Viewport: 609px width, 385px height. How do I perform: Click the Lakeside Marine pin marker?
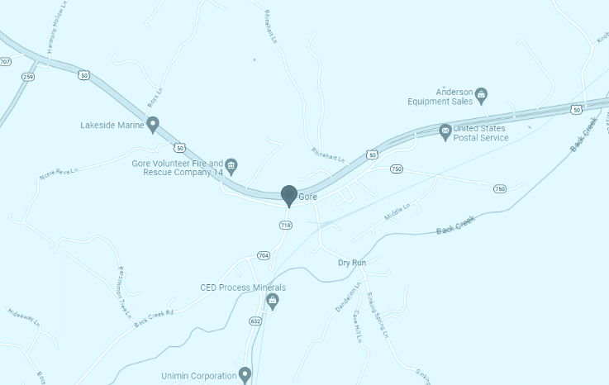[x=153, y=125]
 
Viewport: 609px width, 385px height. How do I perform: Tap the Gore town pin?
[x=289, y=196]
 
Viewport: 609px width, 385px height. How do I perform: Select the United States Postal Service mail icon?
[x=445, y=130]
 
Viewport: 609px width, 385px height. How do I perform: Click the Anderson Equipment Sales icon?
[x=482, y=97]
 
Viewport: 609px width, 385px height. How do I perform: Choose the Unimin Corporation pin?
[x=245, y=374]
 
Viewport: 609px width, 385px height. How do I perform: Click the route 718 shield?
[x=286, y=225]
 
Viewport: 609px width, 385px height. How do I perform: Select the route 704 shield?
[x=263, y=254]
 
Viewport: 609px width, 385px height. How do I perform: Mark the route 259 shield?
[x=29, y=77]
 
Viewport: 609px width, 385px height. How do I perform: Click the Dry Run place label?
[x=351, y=263]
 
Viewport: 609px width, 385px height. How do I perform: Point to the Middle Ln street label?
[x=397, y=212]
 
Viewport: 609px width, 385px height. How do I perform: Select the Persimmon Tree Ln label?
[x=125, y=286]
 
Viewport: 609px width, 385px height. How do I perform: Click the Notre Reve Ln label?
[x=58, y=175]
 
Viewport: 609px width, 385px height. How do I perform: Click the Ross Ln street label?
[x=154, y=98]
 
